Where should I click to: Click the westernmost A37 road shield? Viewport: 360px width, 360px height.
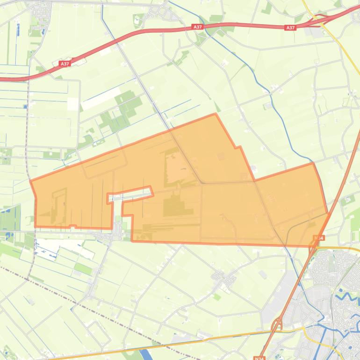coord(65,64)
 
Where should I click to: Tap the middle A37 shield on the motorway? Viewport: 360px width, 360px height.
coord(197,28)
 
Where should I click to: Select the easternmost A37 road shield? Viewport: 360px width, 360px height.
coord(290,28)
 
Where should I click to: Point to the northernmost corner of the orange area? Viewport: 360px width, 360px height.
coord(215,114)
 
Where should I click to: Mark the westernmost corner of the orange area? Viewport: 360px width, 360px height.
coord(31,180)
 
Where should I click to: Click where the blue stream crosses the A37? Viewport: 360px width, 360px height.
coord(211,26)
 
